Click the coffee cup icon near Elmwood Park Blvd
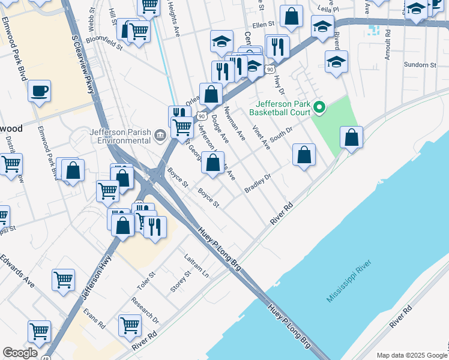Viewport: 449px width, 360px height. (39, 91)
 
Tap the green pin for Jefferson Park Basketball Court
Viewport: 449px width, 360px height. (319, 108)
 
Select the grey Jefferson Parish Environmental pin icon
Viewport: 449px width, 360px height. (160, 135)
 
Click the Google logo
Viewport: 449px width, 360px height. (20, 353)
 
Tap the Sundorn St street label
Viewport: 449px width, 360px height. (420, 65)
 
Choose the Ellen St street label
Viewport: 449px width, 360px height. (263, 25)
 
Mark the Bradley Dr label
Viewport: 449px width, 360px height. (258, 184)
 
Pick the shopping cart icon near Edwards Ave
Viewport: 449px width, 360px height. (63, 279)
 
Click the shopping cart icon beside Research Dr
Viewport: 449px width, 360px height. (130, 325)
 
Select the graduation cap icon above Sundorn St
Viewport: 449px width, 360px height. (337, 61)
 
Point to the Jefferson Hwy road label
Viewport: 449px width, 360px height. (96, 279)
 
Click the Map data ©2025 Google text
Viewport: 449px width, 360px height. (412, 355)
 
